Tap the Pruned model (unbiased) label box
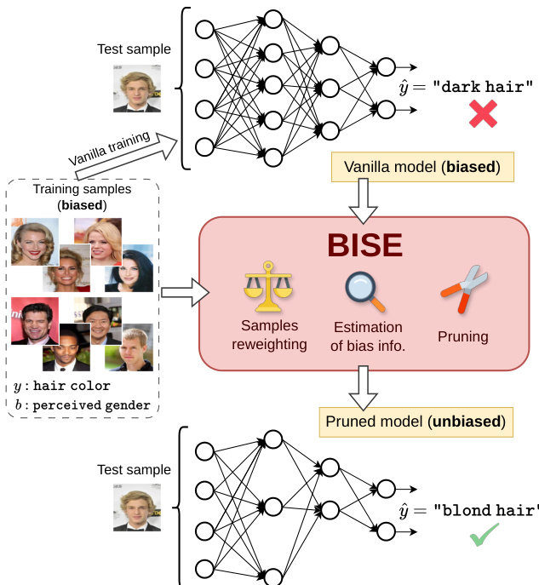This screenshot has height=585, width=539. pyautogui.click(x=416, y=421)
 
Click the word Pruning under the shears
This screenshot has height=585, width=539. pyautogui.click(x=463, y=336)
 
